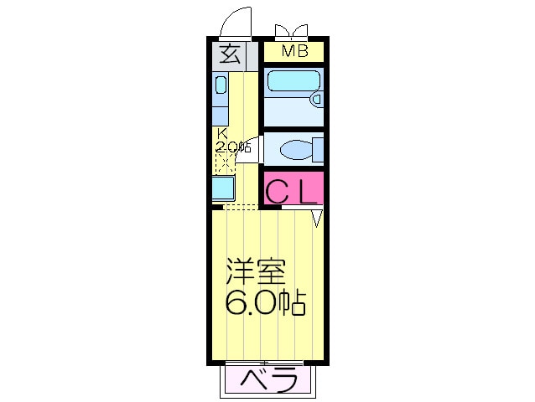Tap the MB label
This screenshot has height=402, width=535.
293,51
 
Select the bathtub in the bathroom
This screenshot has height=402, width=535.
290,82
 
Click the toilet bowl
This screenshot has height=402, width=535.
296,150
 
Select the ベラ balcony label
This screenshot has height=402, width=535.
271,381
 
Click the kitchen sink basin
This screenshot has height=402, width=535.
221,85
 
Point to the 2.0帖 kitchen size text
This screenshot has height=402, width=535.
233,147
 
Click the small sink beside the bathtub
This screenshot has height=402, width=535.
315,99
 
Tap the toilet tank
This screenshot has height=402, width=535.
317,150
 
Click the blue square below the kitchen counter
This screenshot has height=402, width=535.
222,188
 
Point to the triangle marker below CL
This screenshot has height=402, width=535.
317,218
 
